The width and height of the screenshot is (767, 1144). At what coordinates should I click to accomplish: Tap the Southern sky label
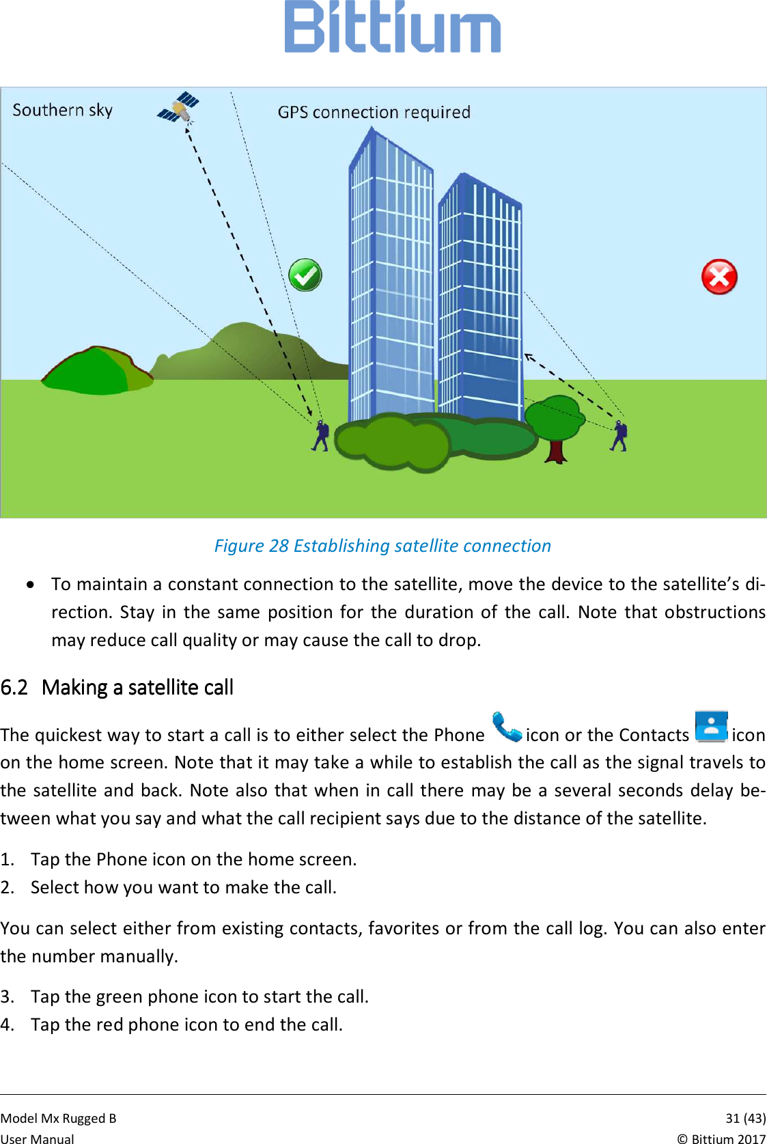coord(62,110)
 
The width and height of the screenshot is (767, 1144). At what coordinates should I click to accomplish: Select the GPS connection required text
coord(374,112)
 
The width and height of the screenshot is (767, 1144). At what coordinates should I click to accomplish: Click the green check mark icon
coord(305,275)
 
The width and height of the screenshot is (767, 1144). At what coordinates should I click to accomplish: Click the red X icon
coord(719,277)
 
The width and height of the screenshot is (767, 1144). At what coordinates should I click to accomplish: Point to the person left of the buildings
coord(320,436)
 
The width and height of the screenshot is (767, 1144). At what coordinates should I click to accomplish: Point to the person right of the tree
coord(619,436)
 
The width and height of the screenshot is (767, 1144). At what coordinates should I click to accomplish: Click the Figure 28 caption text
coord(382,546)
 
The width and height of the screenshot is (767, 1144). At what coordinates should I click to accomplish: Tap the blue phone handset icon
coord(506,727)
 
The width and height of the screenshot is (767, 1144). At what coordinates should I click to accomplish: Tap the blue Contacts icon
coord(710,727)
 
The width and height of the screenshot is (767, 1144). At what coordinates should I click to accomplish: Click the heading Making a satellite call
coord(137,687)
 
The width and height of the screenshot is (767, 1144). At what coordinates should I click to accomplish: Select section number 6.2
coord(14,687)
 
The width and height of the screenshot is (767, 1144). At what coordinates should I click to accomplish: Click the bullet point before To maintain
coord(31,585)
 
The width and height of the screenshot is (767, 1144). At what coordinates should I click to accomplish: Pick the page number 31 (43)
coord(744,1118)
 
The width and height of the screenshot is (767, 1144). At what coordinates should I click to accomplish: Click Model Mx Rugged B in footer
coord(59,1118)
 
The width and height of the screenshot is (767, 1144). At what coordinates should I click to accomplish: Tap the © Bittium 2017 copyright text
coord(721,1139)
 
